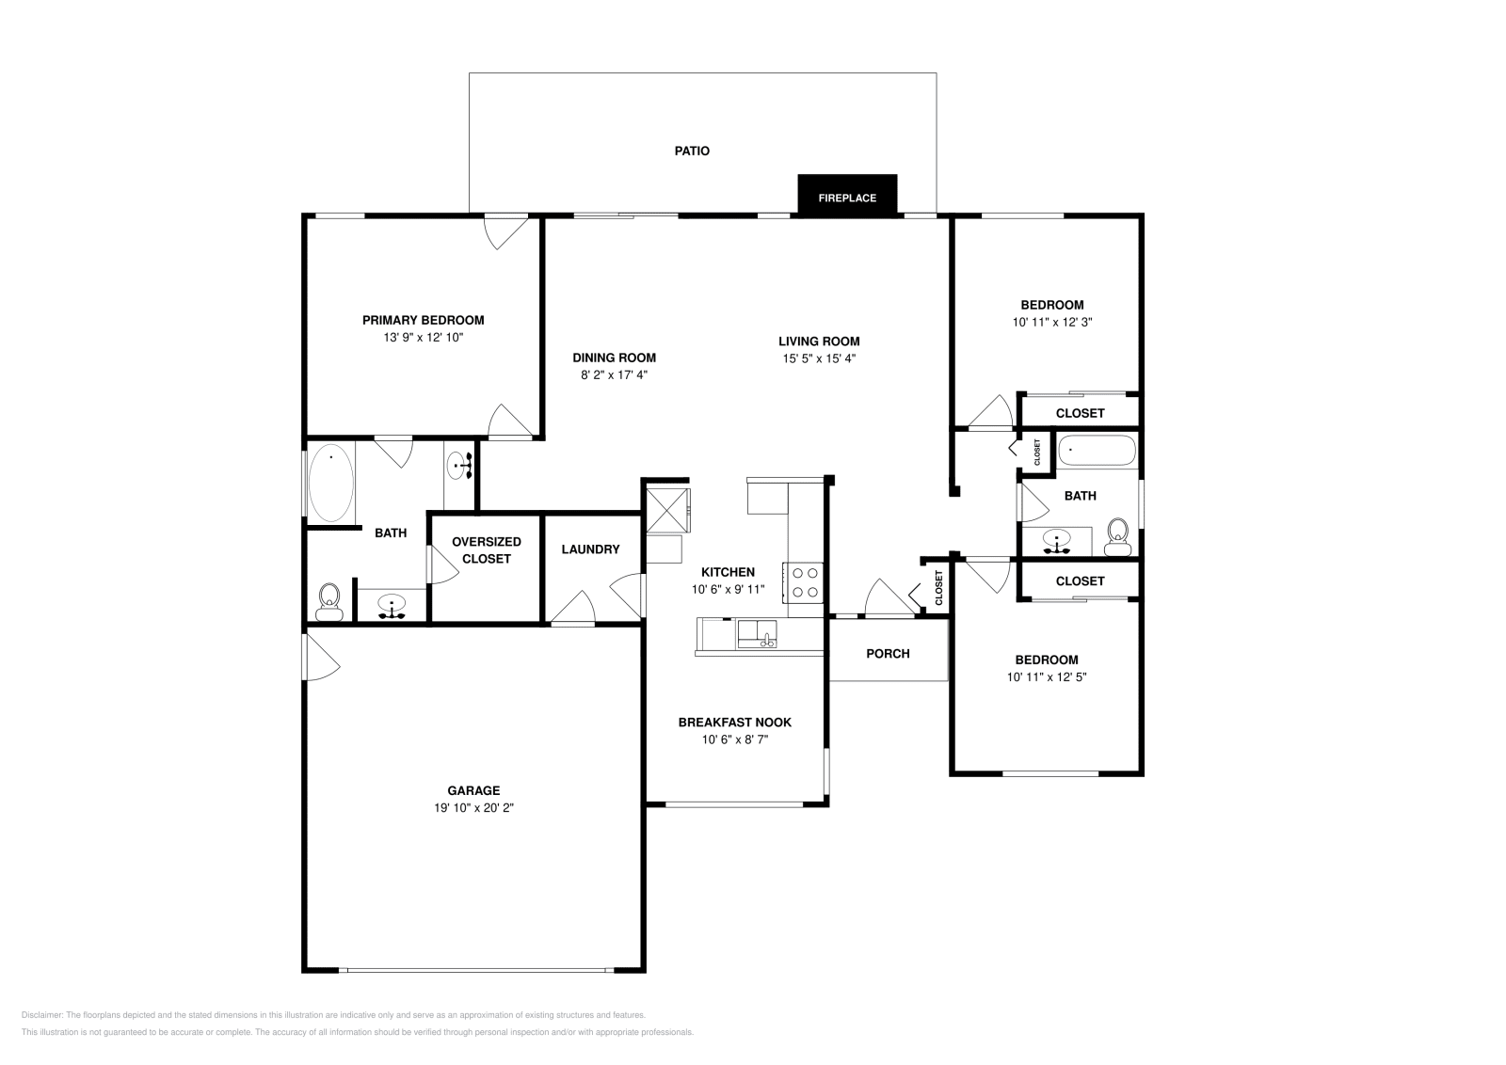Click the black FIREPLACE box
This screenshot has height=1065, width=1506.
[847, 196]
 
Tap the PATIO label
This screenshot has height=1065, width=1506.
[692, 151]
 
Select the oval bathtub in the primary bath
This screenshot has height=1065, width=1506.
[330, 482]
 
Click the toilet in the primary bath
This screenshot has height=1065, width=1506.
[328, 602]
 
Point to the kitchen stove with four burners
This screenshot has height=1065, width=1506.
[804, 581]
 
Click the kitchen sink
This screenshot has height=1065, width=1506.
[757, 634]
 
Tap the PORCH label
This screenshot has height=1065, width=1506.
[888, 654]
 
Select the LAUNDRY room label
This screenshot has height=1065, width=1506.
[590, 549]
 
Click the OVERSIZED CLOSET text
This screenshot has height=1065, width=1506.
[486, 550]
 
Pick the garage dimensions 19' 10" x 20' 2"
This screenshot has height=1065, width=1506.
[473, 807]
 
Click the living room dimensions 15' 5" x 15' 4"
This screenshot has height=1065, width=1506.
[819, 358]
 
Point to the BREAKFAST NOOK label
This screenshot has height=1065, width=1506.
[735, 723]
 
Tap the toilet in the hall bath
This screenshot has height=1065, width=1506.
[1117, 537]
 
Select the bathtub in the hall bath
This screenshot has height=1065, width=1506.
[1097, 451]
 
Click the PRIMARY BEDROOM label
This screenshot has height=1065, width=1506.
[423, 321]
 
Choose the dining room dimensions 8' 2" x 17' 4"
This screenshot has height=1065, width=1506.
[614, 375]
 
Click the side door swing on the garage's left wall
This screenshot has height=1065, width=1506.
[321, 657]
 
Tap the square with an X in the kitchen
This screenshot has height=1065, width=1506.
[667, 512]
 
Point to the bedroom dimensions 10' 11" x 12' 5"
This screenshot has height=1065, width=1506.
[1046, 677]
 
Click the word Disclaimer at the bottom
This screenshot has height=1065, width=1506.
[41, 1015]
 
